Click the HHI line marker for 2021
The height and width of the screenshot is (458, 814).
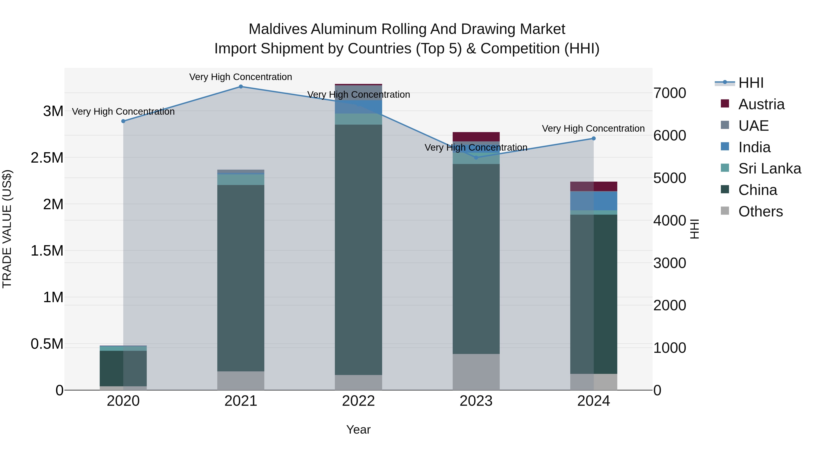(241, 87)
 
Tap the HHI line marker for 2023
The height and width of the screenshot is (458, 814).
(476, 157)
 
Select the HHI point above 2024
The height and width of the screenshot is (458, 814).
(594, 138)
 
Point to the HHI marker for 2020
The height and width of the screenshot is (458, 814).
(123, 121)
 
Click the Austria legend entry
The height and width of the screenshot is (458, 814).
(761, 104)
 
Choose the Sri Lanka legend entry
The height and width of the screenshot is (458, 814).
(769, 168)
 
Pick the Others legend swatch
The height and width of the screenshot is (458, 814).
(725, 211)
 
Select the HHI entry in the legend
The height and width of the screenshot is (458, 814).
(750, 83)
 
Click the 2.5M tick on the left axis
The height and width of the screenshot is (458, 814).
(47, 158)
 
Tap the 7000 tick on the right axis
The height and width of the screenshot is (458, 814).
(669, 93)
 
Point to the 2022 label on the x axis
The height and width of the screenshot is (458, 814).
(358, 401)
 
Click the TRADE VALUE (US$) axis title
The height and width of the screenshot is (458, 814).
(7, 229)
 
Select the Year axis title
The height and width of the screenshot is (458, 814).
(358, 430)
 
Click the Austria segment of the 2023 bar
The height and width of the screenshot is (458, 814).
(476, 137)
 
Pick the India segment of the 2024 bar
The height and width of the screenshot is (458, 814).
(594, 201)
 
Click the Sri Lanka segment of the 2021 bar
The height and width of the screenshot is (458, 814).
(241, 180)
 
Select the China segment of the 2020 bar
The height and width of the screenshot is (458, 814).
(123, 368)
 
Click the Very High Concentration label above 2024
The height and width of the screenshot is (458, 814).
(593, 129)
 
